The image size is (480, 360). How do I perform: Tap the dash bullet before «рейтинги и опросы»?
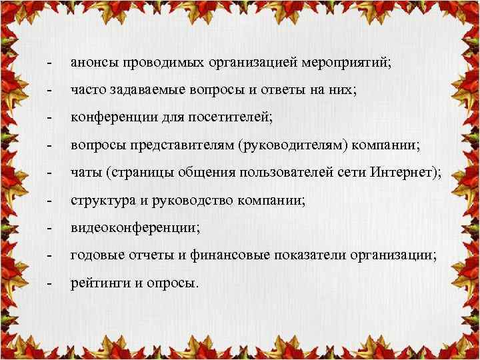pyautogui.click(x=49, y=283)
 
